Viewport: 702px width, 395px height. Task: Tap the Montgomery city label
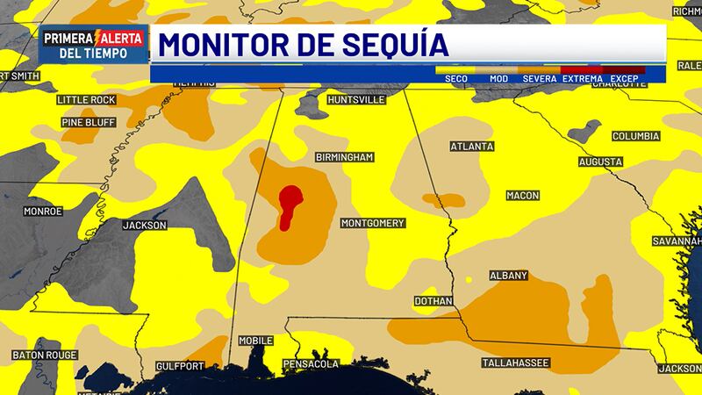click(x=371, y=223)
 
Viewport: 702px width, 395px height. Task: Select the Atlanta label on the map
click(x=471, y=147)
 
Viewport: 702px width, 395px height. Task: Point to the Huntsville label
click(x=355, y=101)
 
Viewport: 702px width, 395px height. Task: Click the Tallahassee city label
click(x=516, y=363)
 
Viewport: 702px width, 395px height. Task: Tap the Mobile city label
click(x=255, y=341)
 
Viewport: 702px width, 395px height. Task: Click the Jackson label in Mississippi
click(x=144, y=226)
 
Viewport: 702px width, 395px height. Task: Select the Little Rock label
click(x=85, y=101)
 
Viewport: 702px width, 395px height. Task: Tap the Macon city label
click(x=523, y=195)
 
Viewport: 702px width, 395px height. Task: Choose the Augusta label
click(x=600, y=163)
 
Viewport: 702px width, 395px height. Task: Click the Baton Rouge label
click(x=45, y=355)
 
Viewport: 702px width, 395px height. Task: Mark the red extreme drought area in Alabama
click(x=289, y=205)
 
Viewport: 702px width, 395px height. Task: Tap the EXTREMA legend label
click(x=583, y=79)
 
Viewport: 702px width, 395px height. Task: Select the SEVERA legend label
click(x=540, y=79)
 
